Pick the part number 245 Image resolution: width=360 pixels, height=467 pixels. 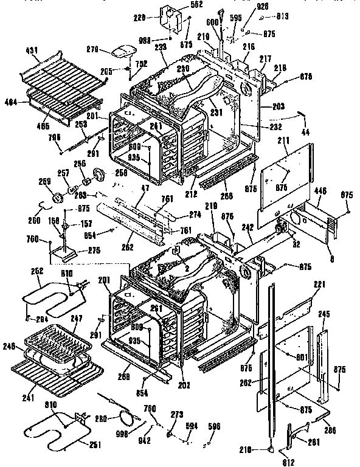coord(324,314)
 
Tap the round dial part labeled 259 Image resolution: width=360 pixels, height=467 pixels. coord(60,197)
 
